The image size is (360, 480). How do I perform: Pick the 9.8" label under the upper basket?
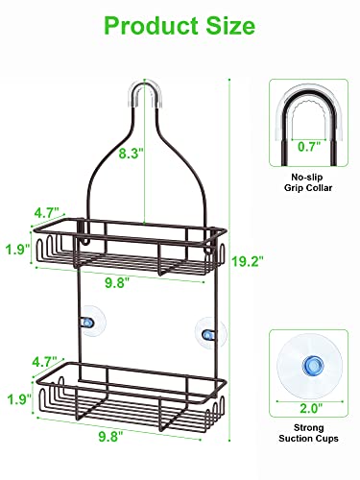click(x=118, y=282)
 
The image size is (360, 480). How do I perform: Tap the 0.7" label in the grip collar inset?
click(x=308, y=147)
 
